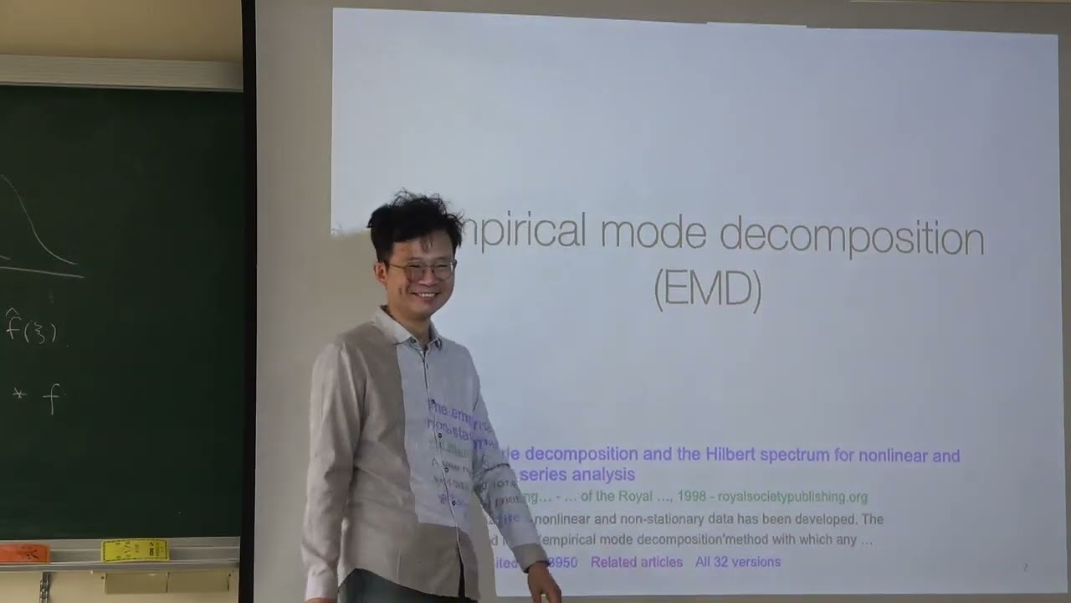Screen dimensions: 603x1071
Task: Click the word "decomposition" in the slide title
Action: coord(852,238)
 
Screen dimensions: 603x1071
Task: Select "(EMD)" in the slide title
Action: coord(707,290)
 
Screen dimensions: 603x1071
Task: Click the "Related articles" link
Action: coord(636,562)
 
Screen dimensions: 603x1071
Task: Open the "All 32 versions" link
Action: coord(737,562)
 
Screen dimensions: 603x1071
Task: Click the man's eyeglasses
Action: coord(425,270)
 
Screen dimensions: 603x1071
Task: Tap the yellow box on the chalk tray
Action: coord(135,549)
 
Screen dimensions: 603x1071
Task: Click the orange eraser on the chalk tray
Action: coord(24,553)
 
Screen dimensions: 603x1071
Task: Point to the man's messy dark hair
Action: coord(413,218)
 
